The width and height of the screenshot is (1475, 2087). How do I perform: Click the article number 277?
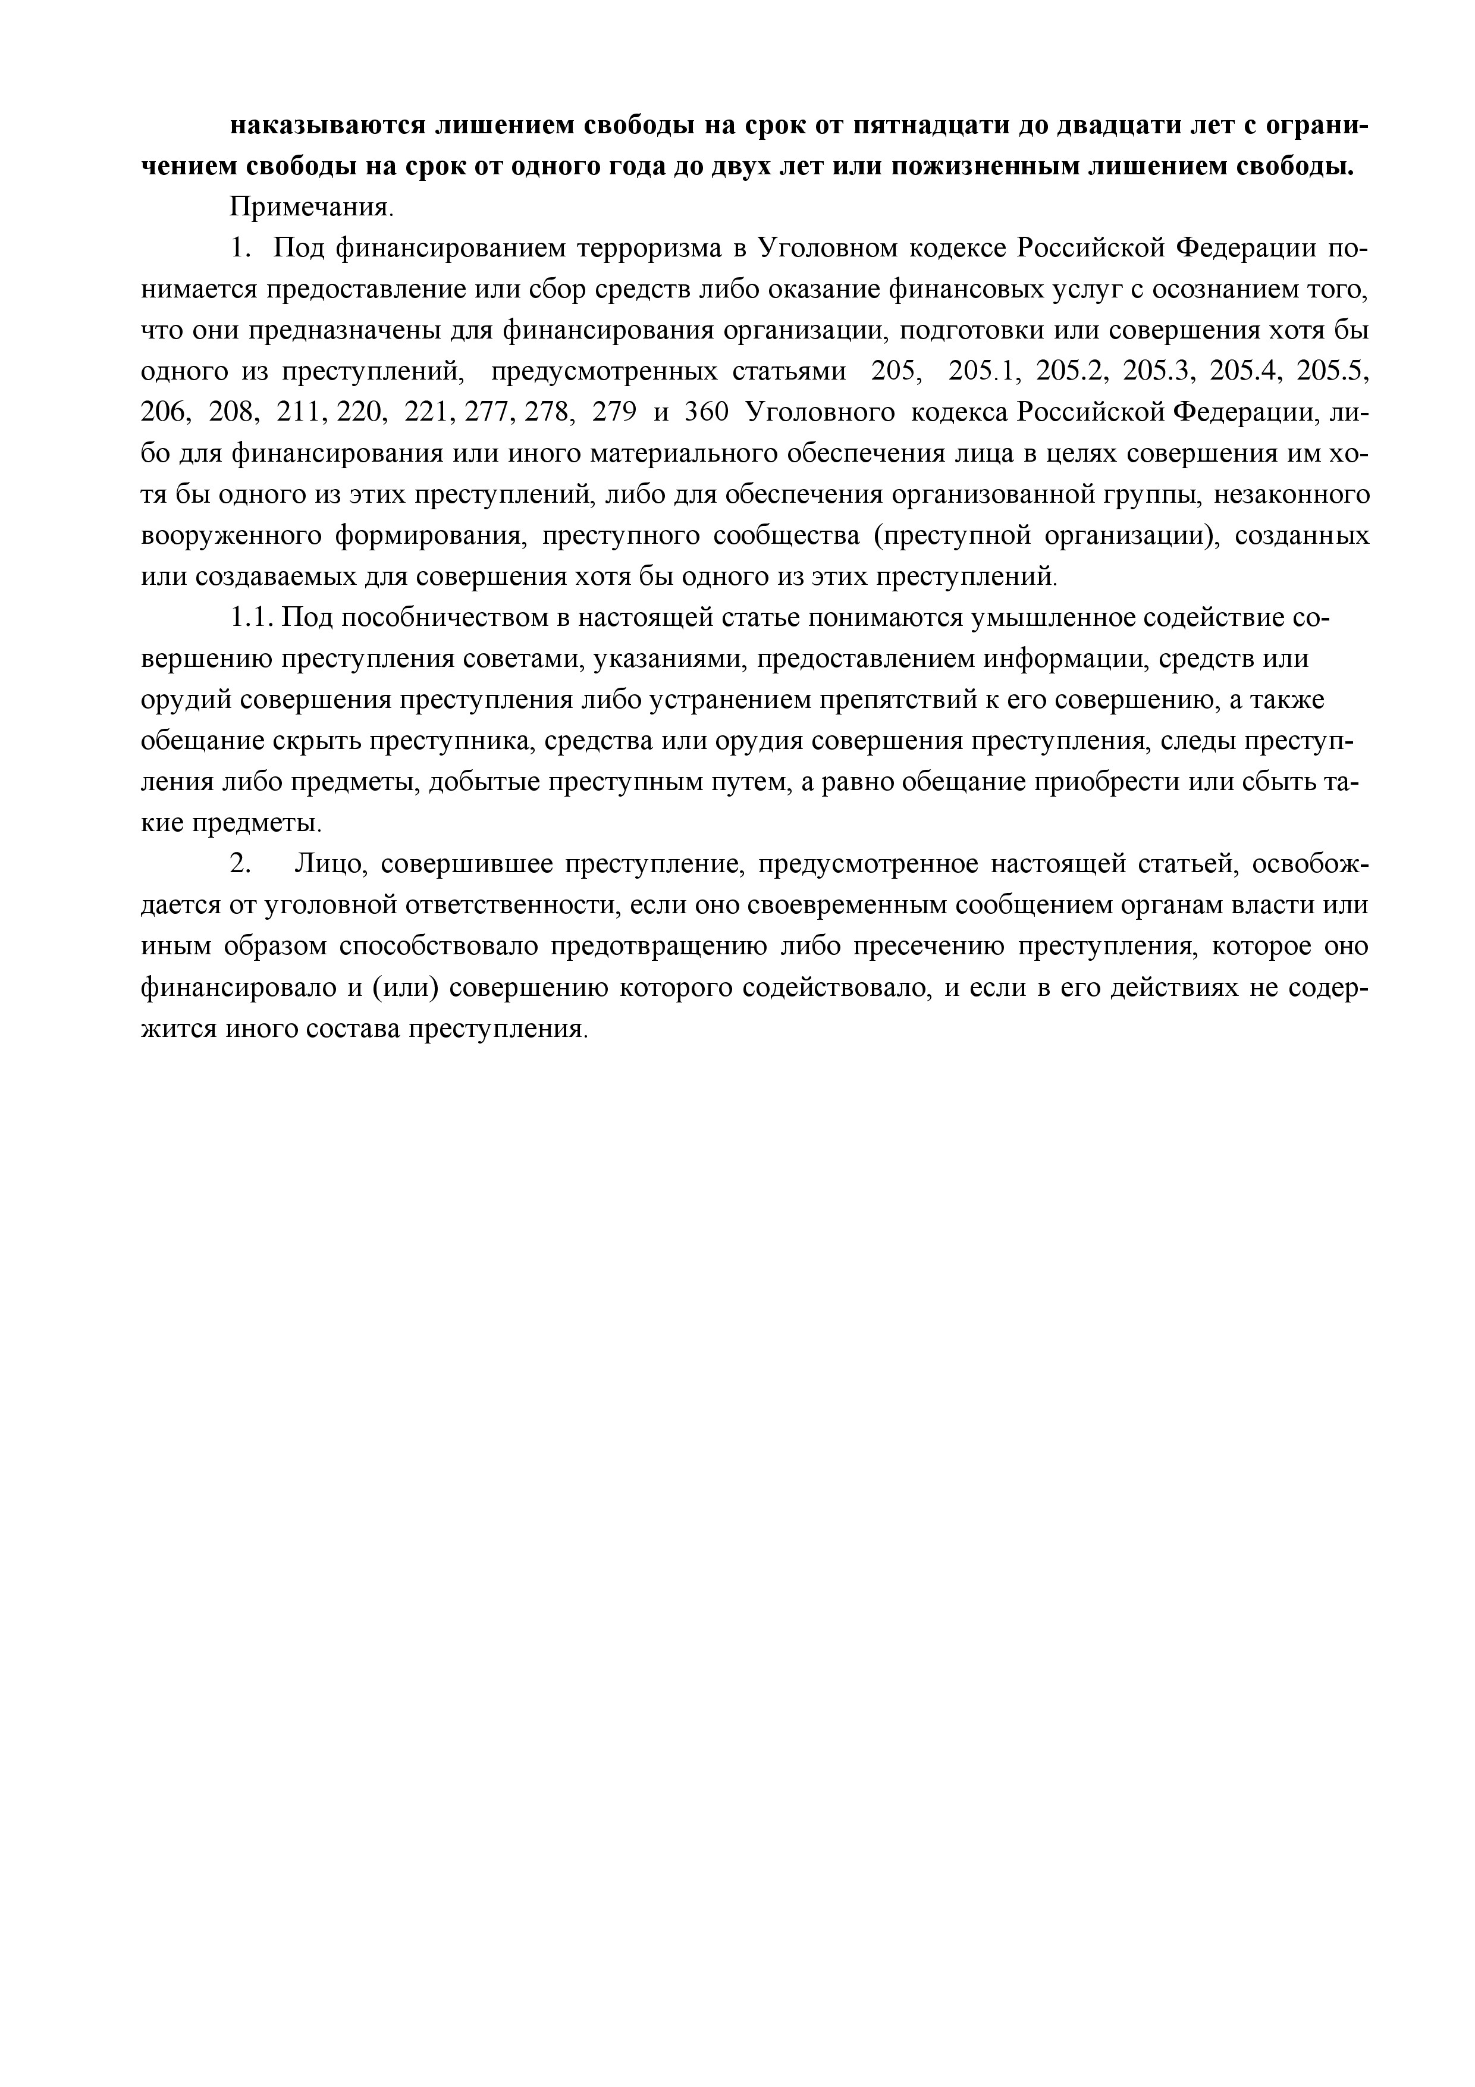(489, 413)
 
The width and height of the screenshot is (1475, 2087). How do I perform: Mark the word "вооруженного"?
(231, 536)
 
